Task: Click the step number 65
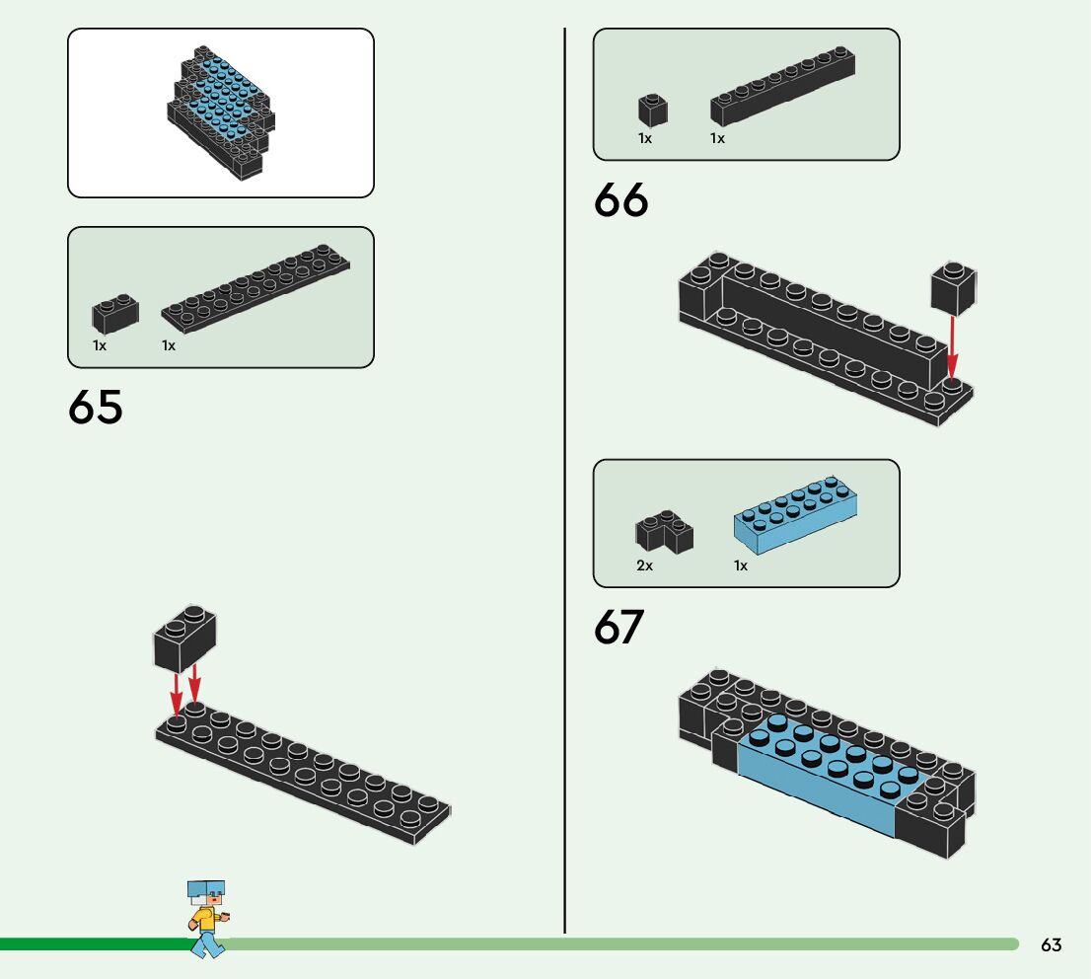[x=96, y=408]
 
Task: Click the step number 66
[x=621, y=201]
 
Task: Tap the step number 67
[x=619, y=628]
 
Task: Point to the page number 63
[x=1052, y=945]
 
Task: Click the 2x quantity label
[x=644, y=565]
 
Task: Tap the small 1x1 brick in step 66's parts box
[x=652, y=110]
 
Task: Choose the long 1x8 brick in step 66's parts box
[x=782, y=88]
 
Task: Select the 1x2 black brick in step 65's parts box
[x=115, y=313]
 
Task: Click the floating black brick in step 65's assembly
[x=184, y=638]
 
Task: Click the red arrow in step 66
[x=952, y=347]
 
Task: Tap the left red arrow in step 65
[x=176, y=694]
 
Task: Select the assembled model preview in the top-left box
[x=220, y=113]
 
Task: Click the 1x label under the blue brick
[x=741, y=565]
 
